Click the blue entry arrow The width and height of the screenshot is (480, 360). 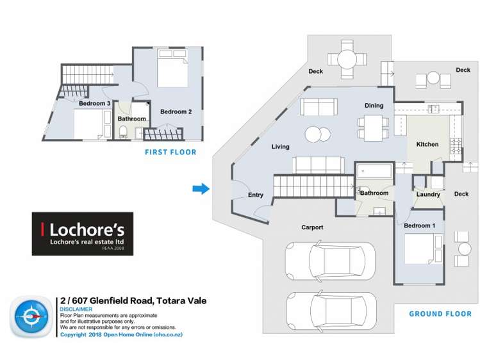point(201,189)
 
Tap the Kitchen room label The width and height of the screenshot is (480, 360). point(427,144)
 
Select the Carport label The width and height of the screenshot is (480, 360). point(312,227)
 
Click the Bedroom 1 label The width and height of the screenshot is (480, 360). point(419,225)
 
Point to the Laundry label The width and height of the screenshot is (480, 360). point(428,194)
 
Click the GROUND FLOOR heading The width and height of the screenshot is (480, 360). point(440,314)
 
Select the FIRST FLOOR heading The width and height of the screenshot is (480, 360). point(170,152)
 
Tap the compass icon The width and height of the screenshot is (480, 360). point(31,316)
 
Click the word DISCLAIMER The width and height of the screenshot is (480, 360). point(76,309)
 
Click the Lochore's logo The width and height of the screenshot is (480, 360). point(82,234)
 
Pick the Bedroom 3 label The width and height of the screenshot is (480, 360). point(94,103)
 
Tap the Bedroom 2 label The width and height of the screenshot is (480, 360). point(176,111)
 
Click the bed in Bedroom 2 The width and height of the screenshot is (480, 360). point(172,68)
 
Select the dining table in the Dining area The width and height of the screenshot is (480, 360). point(373,128)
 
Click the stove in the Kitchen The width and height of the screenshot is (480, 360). point(455,145)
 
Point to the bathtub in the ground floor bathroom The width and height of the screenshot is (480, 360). point(374,171)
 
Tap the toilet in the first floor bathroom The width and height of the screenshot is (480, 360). point(123,131)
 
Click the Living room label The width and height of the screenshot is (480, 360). point(280,147)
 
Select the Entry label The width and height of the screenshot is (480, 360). point(255,195)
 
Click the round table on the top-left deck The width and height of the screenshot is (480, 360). point(347,59)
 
